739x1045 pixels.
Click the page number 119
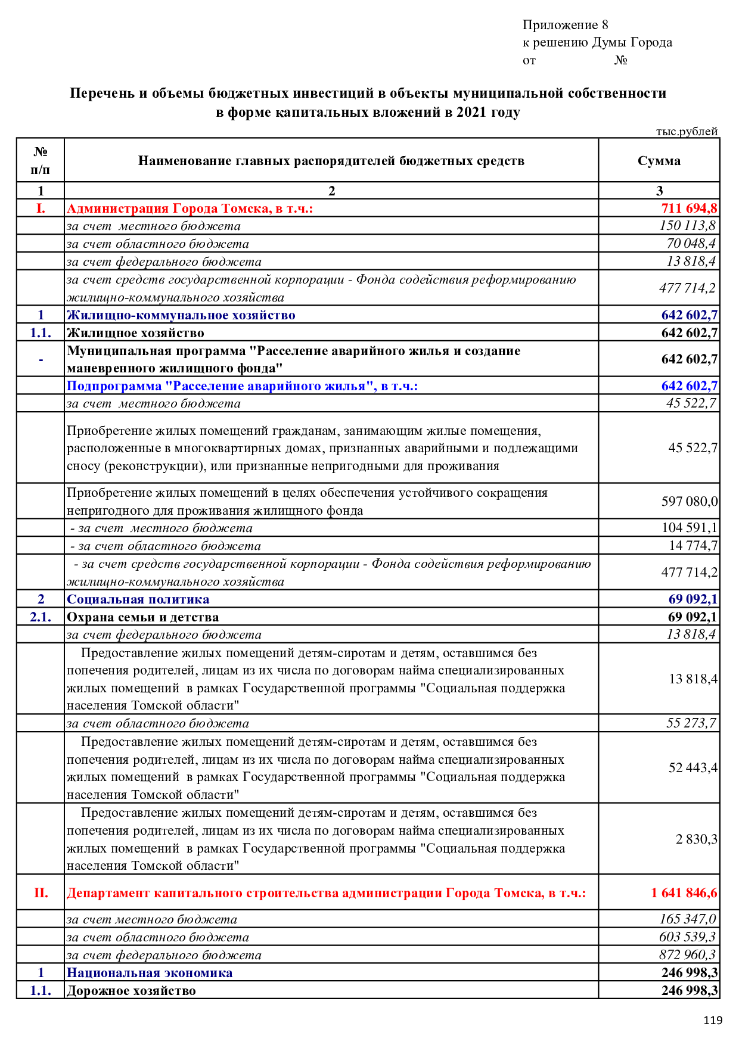pos(712,1020)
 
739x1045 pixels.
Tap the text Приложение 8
pos(565,25)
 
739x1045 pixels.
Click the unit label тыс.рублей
pos(687,132)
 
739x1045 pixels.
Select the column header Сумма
pos(659,161)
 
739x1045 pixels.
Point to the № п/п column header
pos(41,161)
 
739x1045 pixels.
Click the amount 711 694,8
pos(689,209)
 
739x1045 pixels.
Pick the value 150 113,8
pos(687,226)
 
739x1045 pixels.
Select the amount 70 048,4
pos(691,244)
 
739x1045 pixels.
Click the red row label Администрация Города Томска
pos(190,209)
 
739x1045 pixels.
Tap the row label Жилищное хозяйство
pos(135,333)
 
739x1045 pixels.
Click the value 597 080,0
pos(689,502)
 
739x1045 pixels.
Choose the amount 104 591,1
pos(689,528)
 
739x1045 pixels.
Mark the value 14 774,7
pos(693,546)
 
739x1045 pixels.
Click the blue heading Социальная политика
pos(138,599)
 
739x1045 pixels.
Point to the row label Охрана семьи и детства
pos(142,617)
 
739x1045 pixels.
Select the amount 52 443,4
pos(693,768)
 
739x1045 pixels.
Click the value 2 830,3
pos(696,839)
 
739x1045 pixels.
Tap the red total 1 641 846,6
pos(684,893)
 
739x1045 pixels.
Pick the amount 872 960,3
pos(687,955)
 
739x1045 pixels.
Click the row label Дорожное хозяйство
pos(131,991)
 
